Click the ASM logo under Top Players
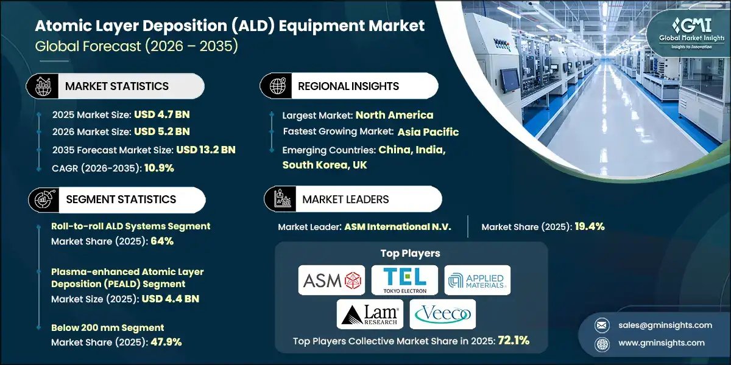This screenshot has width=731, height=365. pos(331,280)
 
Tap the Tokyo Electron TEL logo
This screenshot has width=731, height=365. pos(404,280)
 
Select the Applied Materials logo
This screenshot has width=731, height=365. pos(477,280)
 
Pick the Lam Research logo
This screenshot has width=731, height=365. pos(369,314)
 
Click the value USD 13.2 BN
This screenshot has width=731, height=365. pos(206,149)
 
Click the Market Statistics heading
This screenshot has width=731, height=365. pos(117,86)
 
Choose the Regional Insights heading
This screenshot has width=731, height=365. pos(348,86)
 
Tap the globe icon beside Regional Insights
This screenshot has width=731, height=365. pos(277,86)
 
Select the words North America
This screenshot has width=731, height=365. pos(394,115)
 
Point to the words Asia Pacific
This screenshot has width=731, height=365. pos(428,132)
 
